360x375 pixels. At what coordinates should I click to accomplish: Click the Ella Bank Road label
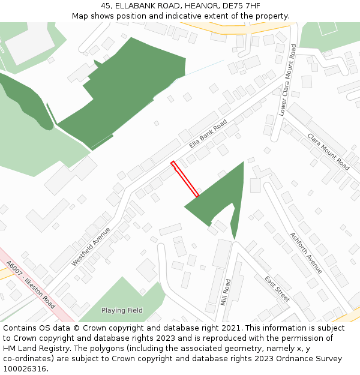click(208, 133)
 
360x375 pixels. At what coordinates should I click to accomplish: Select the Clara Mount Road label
click(328, 151)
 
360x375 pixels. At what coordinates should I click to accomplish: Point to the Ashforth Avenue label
click(306, 253)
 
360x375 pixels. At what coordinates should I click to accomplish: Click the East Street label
click(277, 289)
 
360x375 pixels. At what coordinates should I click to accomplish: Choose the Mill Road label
click(226, 292)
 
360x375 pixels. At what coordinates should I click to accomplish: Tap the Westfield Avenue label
click(91, 247)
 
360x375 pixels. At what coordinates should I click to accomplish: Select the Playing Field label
click(122, 310)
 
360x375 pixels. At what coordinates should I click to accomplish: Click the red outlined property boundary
click(185, 179)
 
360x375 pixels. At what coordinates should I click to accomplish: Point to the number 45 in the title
click(106, 6)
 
